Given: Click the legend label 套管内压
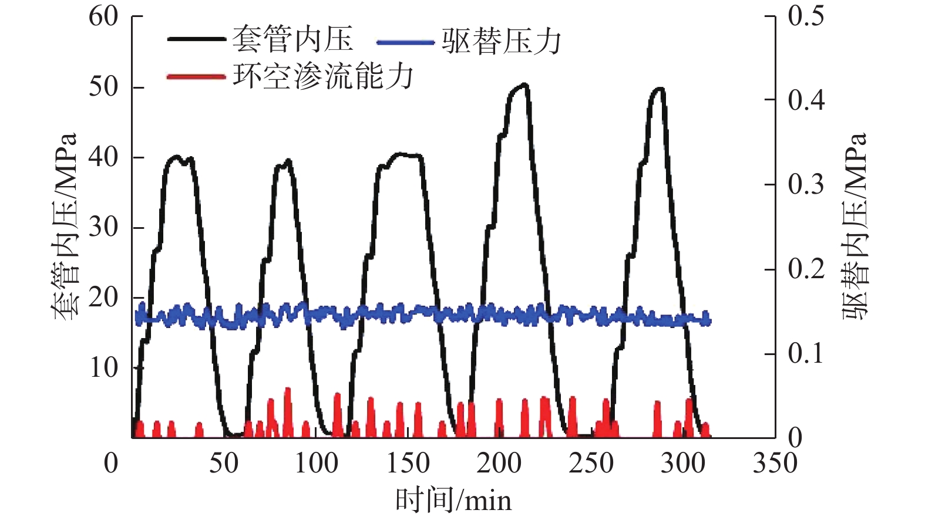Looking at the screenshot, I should [292, 40].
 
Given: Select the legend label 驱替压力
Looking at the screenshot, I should [501, 42].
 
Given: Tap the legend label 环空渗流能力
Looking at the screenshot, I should [323, 76].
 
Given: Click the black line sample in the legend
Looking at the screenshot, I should [196, 40].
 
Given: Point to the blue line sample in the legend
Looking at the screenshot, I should [405, 42].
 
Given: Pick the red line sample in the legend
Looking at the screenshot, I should [196, 77].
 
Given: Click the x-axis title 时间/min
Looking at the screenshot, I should [453, 501].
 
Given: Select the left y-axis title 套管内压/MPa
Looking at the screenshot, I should [65, 227].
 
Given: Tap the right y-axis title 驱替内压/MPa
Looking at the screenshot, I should [855, 227].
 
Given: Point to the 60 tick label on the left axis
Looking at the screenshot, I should [103, 16].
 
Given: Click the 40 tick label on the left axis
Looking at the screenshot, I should [103, 157].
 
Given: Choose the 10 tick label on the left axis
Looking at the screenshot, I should [103, 367].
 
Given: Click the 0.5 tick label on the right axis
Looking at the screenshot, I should [806, 16].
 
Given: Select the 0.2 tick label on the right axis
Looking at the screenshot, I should [806, 269].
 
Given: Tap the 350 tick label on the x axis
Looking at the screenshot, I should [775, 463].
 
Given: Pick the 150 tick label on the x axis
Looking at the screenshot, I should [408, 463].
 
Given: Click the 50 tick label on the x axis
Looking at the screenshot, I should [224, 463].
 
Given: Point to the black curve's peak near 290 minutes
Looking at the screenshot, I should [660, 89].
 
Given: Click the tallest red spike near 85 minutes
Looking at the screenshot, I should [288, 389].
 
